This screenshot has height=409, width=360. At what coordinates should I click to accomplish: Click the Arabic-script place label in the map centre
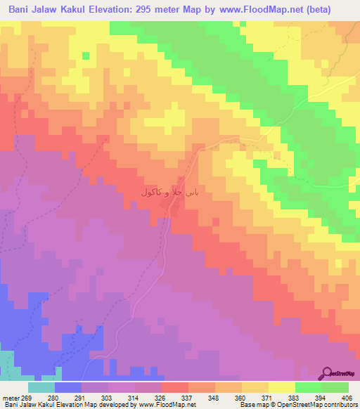[170, 192]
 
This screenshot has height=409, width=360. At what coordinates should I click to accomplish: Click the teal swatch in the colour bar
[41, 388]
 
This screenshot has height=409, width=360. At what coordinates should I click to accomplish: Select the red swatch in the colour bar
[175, 388]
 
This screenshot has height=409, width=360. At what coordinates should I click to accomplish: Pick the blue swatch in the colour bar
[68, 388]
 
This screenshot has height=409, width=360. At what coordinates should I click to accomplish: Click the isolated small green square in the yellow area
[86, 56]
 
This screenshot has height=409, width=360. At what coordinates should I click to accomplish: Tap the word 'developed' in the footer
[118, 405]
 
